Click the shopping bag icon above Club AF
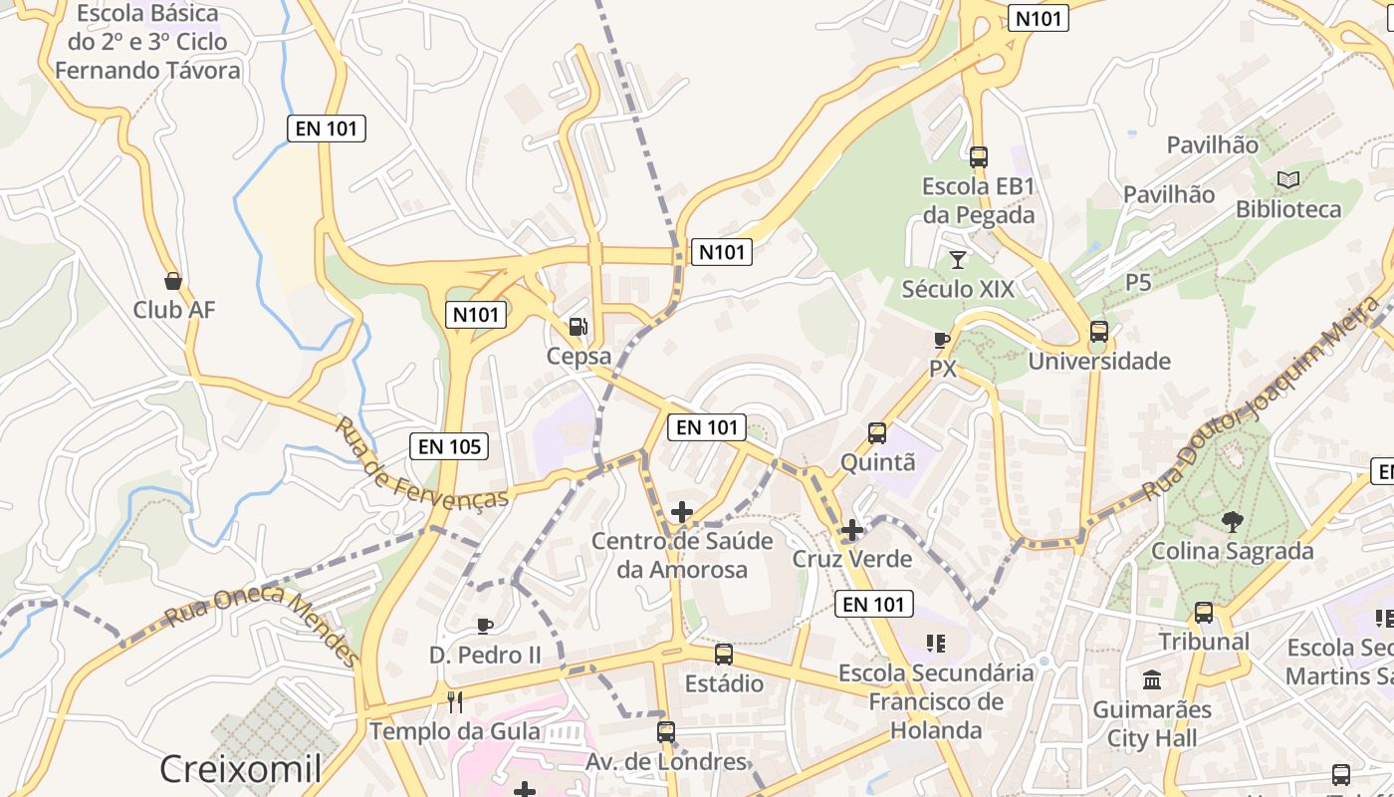pos(173,281)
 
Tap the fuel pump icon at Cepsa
pos(578,326)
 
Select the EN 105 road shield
pos(450,446)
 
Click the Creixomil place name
pos(241,769)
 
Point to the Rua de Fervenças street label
pos(421,462)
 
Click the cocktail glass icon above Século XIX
pos(958,260)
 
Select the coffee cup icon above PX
pos(942,340)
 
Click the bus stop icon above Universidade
pos(1099,332)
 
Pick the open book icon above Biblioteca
pos(1288,180)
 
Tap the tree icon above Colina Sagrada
pos(1233,521)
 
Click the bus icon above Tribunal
pos(1204,612)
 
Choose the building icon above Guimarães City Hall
pos(1152,680)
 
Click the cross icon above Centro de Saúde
pos(682,512)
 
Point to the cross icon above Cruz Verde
pos(851,530)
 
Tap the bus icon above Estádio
pos(724,655)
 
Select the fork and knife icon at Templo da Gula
pos(455,702)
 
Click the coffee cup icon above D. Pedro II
pos(485,626)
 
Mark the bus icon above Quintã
pos(877,433)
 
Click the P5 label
pos(1138,282)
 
